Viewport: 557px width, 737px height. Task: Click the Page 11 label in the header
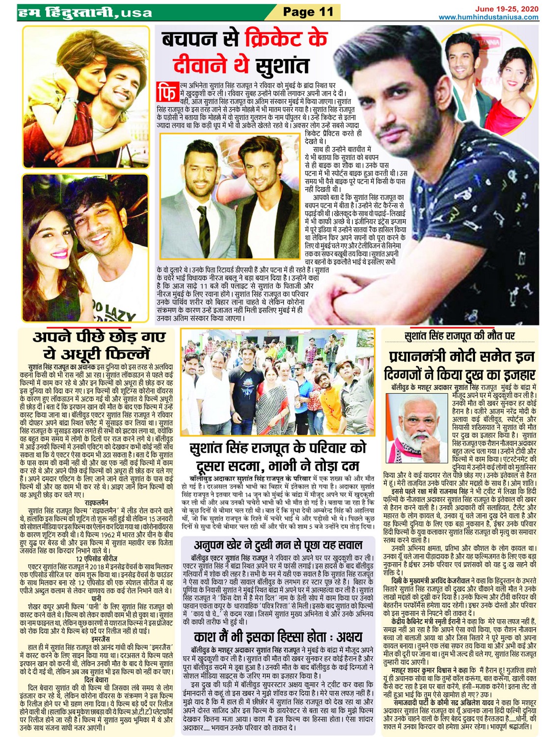tap(308, 11)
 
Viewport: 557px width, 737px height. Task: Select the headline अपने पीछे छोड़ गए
tap(99, 338)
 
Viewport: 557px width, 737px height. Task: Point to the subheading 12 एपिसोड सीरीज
tap(97, 558)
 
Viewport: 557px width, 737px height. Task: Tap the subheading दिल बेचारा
tap(97, 680)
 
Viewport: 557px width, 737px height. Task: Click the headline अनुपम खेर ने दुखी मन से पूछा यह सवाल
tap(278, 545)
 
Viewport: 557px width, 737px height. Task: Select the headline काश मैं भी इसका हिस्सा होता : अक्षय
tap(278, 637)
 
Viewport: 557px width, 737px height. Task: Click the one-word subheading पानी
tap(97, 599)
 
